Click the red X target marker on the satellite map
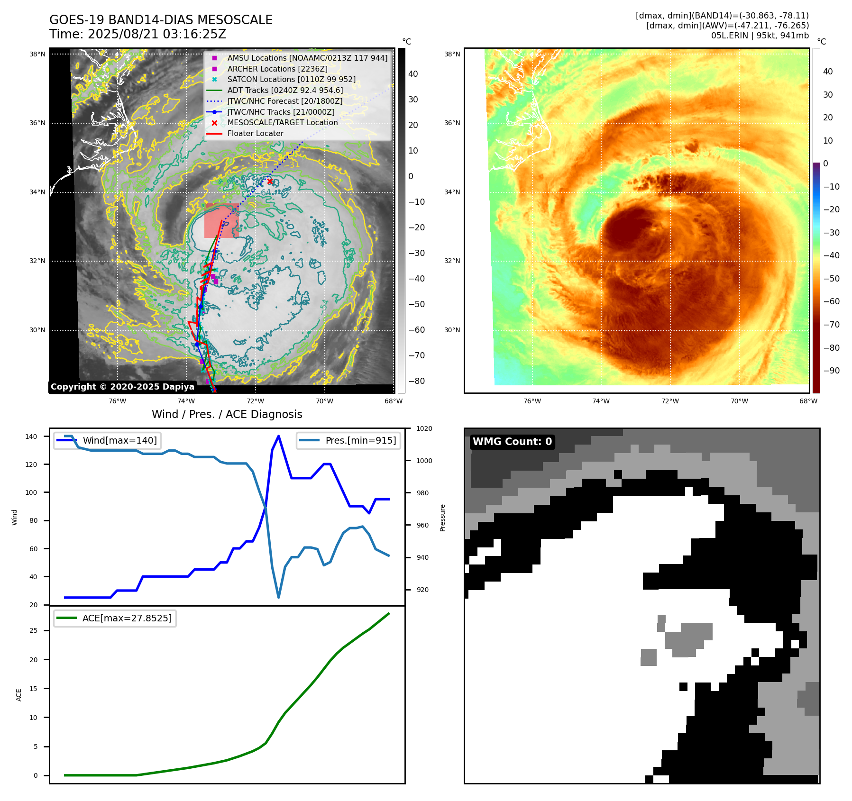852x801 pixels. pos(270,182)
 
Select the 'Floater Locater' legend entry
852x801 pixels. pos(255,134)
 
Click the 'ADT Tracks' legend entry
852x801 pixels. pos(285,90)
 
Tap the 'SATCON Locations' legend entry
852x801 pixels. pos(291,80)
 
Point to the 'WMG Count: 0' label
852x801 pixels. pos(512,442)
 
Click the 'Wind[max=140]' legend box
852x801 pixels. pos(107,440)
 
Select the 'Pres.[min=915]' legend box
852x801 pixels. pos(348,440)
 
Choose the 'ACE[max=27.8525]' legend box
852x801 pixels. pos(115,618)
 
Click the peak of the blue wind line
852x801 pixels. pos(278,436)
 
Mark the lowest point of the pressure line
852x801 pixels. pos(278,597)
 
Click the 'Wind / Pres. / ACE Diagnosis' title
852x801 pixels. pos(227,414)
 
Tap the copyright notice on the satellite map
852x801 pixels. pos(122,387)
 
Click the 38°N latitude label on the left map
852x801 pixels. pos(37,54)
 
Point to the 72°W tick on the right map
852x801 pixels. pos(670,401)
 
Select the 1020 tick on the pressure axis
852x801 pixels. pos(424,428)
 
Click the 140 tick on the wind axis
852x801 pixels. pos(31,437)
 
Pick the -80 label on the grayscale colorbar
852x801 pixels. pos(417,381)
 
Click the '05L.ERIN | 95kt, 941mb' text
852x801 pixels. pos(760,36)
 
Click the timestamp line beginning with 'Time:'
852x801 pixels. pos(137,34)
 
